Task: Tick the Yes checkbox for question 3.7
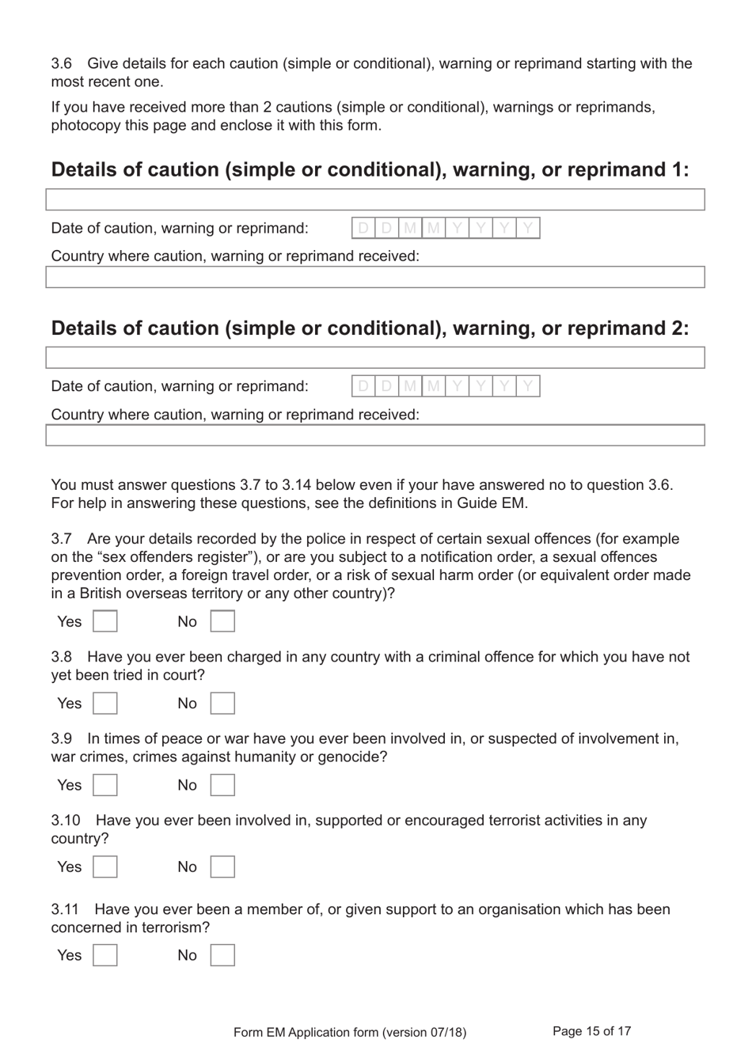point(105,621)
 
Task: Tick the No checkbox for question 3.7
point(222,621)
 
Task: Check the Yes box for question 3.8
point(105,704)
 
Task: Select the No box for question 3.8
point(222,704)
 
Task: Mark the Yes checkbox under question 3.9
point(105,785)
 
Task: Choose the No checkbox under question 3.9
point(222,785)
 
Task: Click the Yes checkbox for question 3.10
point(105,867)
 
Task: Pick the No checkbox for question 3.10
point(222,867)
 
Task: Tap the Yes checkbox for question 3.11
point(105,955)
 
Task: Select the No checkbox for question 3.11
point(222,955)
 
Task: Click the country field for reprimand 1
point(374,277)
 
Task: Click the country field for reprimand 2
point(374,435)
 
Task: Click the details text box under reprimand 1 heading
point(374,199)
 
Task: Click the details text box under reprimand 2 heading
point(374,358)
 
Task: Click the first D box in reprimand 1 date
point(363,229)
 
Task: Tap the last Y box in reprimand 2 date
point(528,386)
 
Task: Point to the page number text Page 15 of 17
point(591,1031)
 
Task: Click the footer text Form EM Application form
point(349,1032)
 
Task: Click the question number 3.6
point(62,63)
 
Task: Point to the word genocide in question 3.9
point(353,757)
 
